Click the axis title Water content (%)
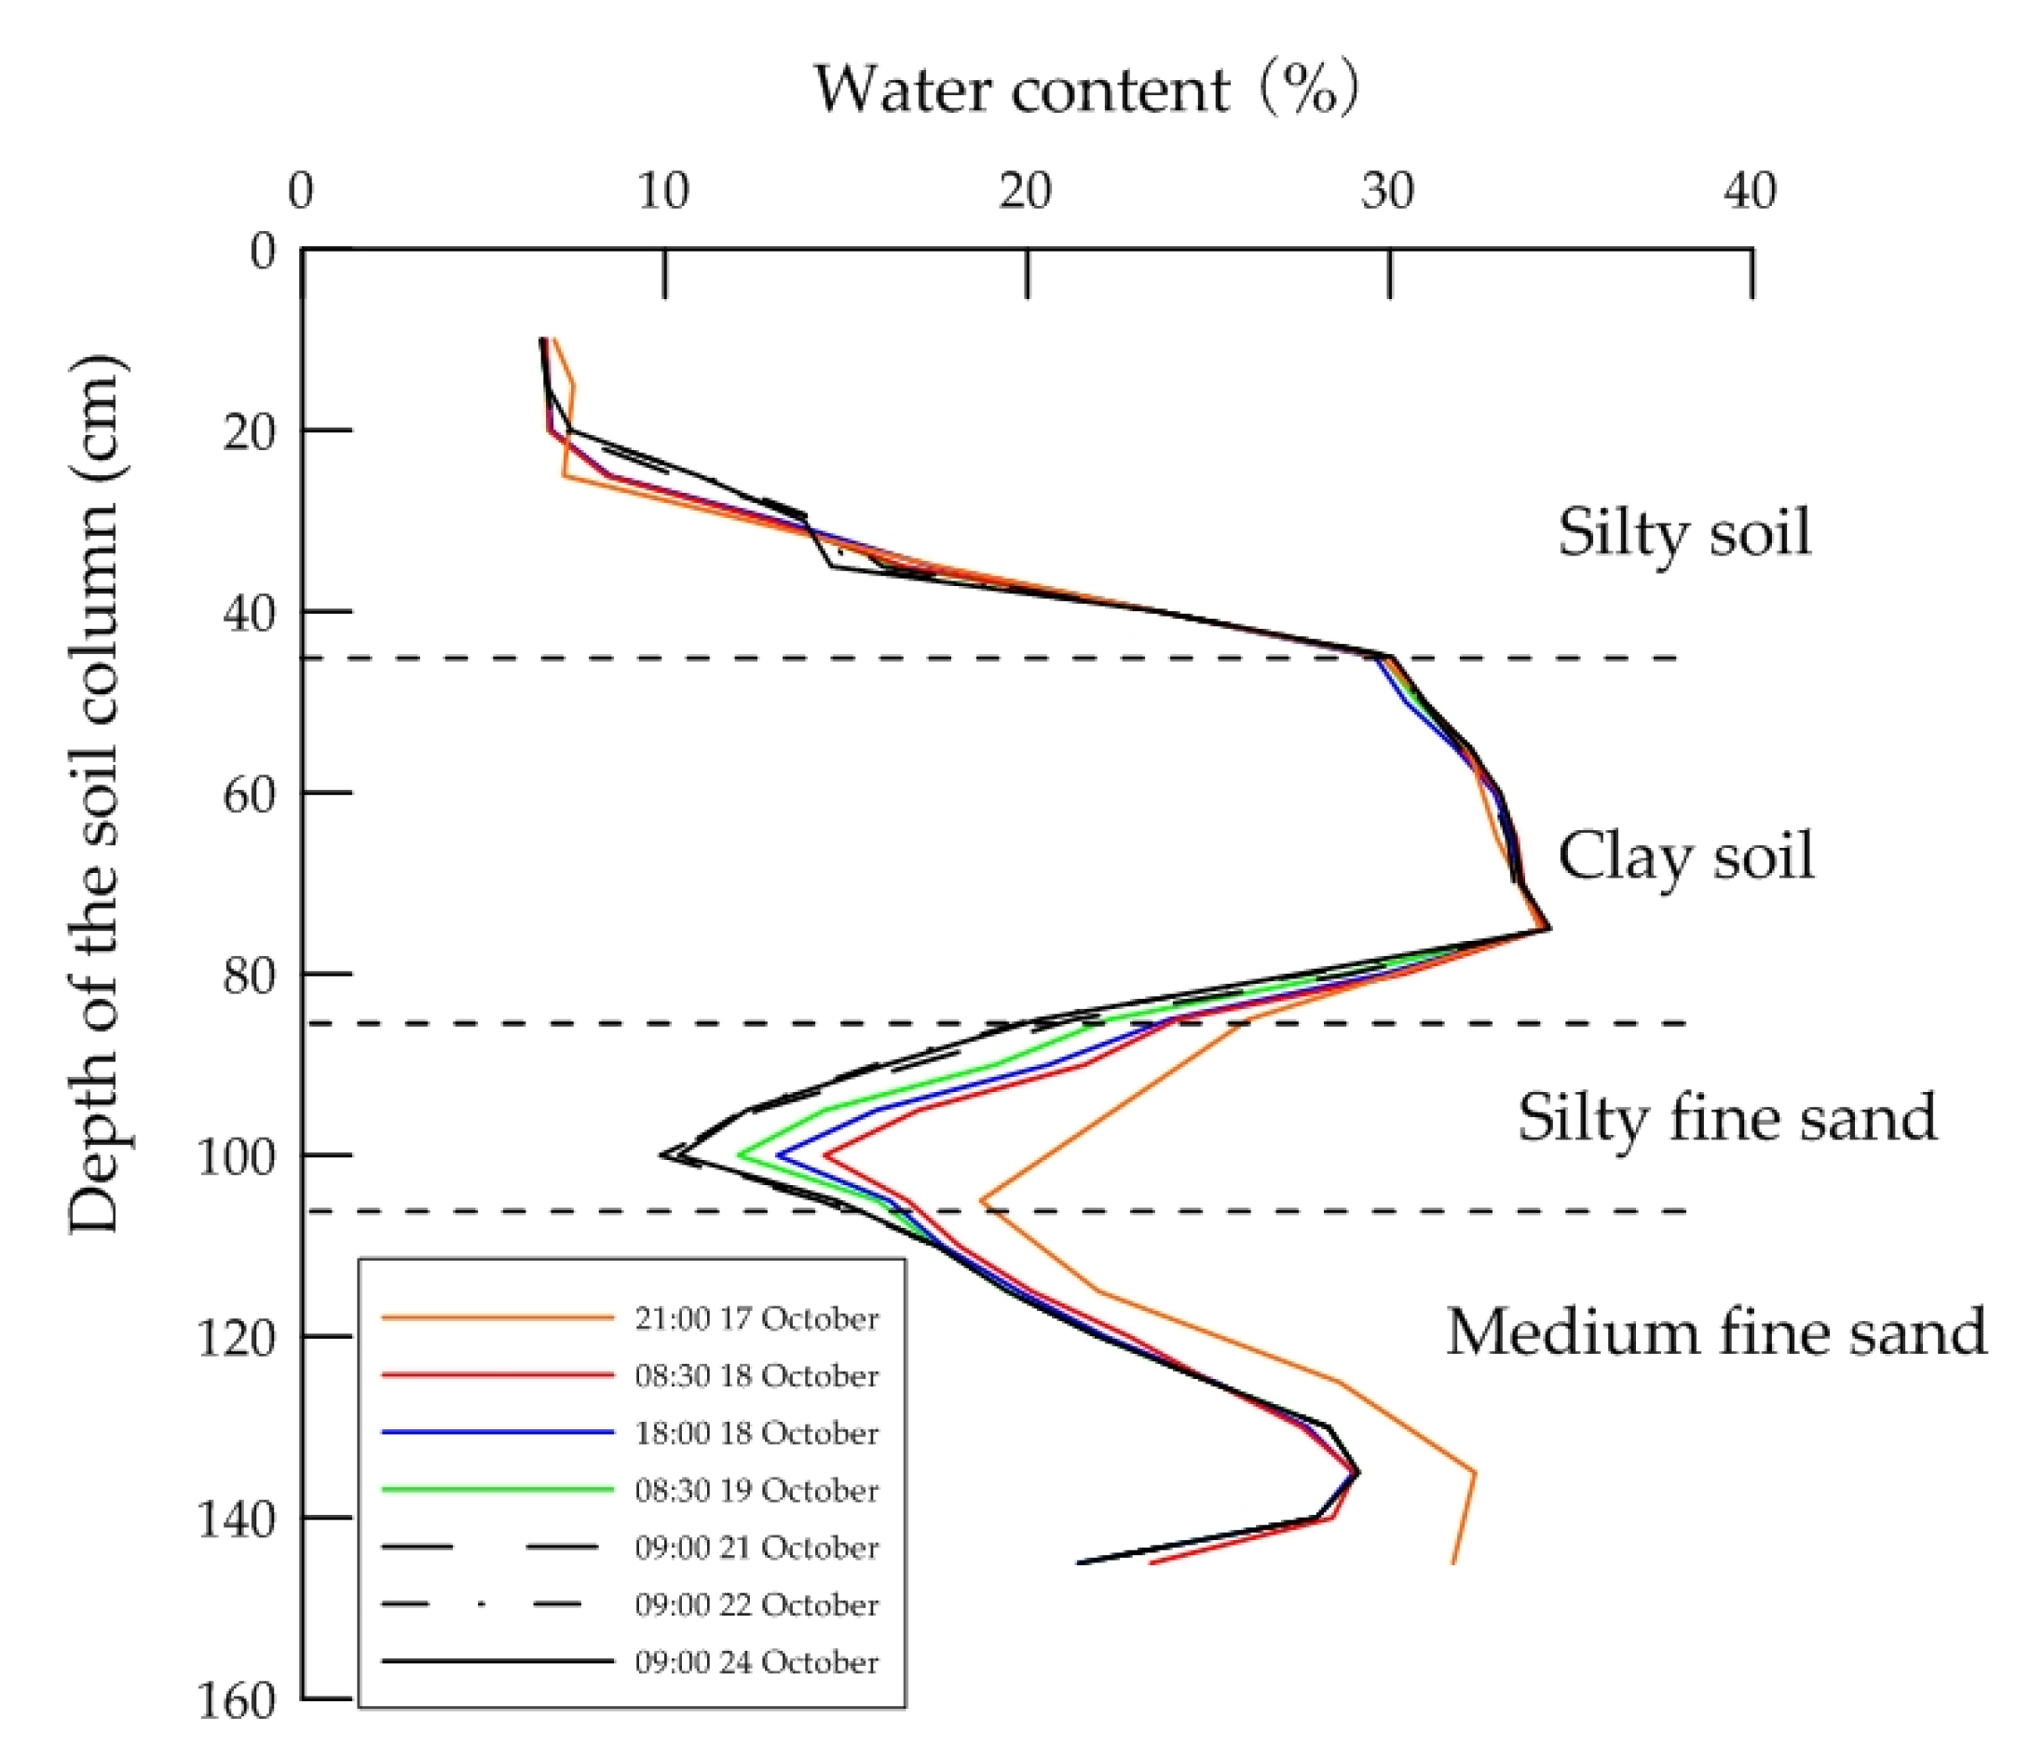(x=1085, y=90)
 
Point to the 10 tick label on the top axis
(x=663, y=191)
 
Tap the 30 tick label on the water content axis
(x=1388, y=191)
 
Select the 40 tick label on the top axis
(x=1751, y=191)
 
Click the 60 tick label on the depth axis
(x=248, y=794)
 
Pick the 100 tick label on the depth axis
(x=236, y=1157)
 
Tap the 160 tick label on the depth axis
(x=236, y=1701)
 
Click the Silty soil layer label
(x=1683, y=533)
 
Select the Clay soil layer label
(x=1685, y=856)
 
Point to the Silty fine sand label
(x=1726, y=1118)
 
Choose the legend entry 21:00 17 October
(x=756, y=1318)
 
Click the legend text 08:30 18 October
(x=756, y=1376)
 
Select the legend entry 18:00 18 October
(x=756, y=1433)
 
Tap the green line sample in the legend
(x=497, y=1490)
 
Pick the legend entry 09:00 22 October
(x=756, y=1604)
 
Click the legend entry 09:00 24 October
(x=756, y=1662)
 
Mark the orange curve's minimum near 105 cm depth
(x=981, y=1200)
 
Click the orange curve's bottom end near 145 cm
(x=1452, y=1562)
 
